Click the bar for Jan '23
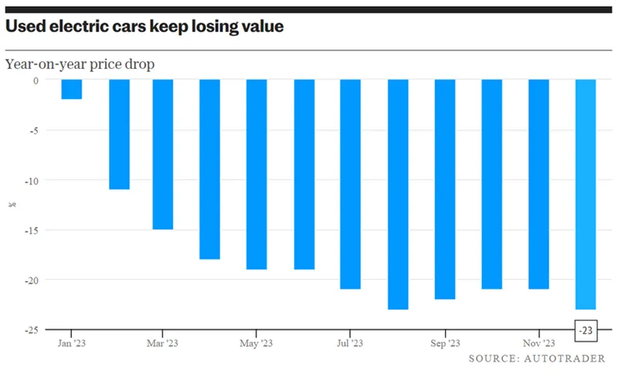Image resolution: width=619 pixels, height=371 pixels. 72,89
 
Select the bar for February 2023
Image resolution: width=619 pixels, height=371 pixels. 119,134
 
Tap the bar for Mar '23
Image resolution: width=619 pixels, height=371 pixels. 162,154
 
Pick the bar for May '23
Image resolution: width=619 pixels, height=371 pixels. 257,174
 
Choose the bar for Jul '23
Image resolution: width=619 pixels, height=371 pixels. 351,184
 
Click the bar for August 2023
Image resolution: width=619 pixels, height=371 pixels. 398,194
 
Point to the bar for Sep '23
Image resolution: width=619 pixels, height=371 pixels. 445,189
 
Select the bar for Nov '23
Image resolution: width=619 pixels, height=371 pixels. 539,184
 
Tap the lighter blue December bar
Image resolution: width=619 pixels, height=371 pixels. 586,194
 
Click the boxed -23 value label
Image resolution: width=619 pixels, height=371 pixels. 586,330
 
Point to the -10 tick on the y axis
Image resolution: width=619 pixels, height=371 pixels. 32,181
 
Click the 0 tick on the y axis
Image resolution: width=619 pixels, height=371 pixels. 36,81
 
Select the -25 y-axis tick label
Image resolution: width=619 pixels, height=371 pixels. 32,330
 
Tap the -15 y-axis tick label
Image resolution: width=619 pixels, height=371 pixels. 32,230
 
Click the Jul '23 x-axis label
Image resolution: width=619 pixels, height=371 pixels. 350,343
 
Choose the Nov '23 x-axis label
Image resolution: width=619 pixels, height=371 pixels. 539,343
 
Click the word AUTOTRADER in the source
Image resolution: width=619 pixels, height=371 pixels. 565,359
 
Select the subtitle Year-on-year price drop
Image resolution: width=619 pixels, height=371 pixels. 80,64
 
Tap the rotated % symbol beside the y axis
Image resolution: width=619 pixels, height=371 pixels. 12,204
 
